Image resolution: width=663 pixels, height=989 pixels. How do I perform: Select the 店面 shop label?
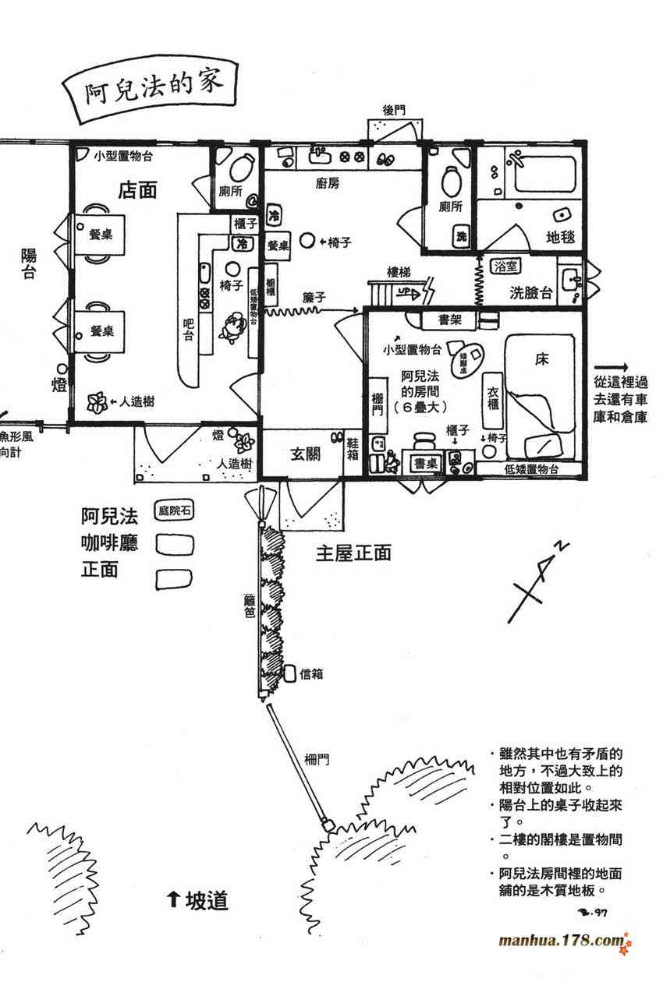tap(138, 189)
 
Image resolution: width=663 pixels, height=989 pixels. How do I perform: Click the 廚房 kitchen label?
tap(328, 183)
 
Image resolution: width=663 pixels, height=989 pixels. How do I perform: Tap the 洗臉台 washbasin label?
tap(531, 293)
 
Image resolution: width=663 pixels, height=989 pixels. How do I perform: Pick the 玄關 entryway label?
tap(307, 454)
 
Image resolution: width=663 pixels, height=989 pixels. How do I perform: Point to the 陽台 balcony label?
tap(29, 263)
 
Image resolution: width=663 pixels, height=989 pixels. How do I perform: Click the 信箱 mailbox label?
tap(311, 674)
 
